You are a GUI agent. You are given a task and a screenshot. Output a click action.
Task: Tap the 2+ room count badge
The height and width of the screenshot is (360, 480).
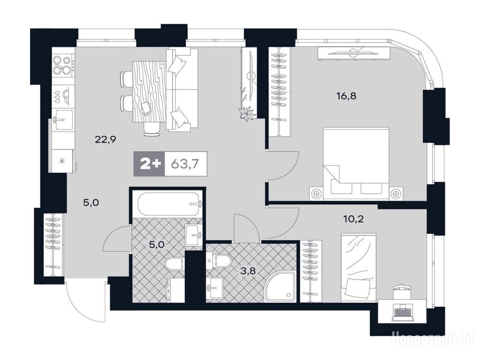150,164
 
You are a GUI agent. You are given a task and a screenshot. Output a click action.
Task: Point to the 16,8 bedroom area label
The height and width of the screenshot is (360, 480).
346,97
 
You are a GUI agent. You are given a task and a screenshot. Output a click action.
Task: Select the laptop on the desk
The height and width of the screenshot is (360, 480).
402,312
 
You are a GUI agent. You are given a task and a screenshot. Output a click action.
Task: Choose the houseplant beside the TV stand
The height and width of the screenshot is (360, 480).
247,113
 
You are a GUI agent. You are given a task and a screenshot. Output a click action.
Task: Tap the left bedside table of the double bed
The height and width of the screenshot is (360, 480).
316,193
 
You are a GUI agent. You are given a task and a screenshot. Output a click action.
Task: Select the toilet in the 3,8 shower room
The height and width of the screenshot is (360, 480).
219,260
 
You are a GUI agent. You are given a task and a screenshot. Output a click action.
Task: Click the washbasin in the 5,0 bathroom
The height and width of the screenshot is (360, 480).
194,235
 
